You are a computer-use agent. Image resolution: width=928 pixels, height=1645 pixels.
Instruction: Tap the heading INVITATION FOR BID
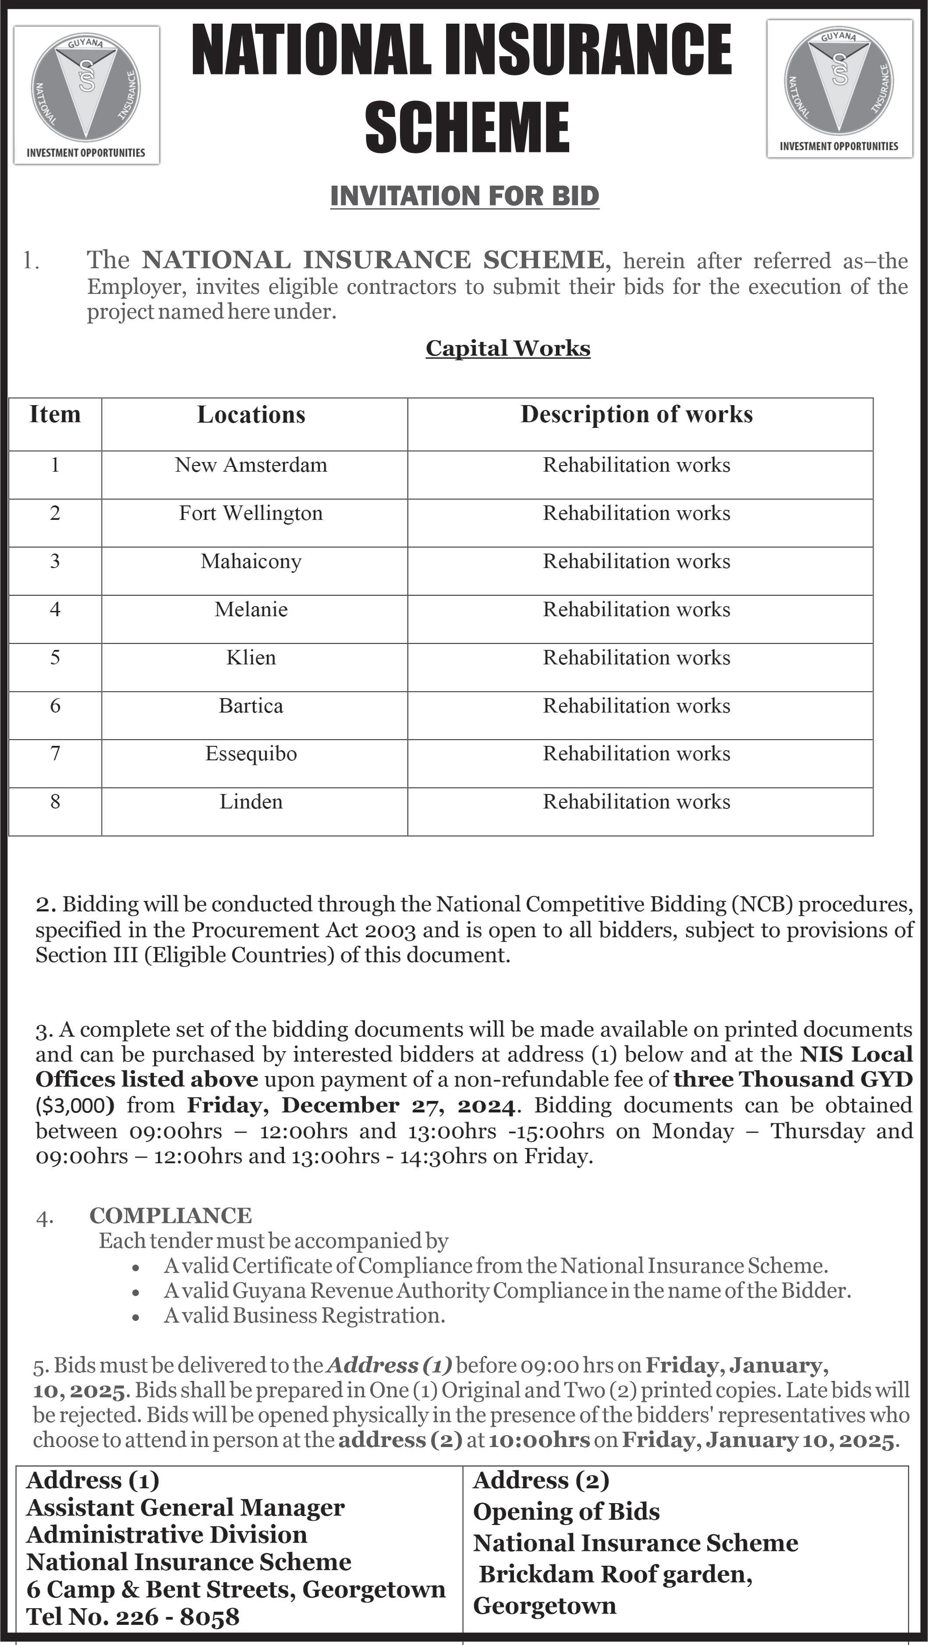(464, 195)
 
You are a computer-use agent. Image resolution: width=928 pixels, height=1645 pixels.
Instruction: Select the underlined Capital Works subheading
(508, 348)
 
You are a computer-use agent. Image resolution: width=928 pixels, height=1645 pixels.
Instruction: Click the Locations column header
(251, 414)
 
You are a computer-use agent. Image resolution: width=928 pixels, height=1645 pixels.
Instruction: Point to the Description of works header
(636, 414)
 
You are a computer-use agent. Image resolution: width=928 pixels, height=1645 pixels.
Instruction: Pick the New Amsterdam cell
(251, 465)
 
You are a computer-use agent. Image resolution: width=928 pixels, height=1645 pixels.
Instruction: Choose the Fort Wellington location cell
(251, 513)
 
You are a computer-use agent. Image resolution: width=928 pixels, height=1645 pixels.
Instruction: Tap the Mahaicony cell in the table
(251, 561)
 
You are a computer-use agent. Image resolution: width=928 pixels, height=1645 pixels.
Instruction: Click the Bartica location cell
(251, 706)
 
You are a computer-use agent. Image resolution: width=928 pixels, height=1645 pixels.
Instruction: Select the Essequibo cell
(251, 754)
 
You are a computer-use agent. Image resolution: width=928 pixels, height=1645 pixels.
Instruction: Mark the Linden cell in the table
(251, 801)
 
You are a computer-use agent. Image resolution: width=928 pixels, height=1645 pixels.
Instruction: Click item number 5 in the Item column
(55, 658)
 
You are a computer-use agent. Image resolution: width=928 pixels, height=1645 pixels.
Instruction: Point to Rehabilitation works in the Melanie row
(636, 609)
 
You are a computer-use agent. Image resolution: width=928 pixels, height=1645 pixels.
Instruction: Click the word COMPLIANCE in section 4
(170, 1215)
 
